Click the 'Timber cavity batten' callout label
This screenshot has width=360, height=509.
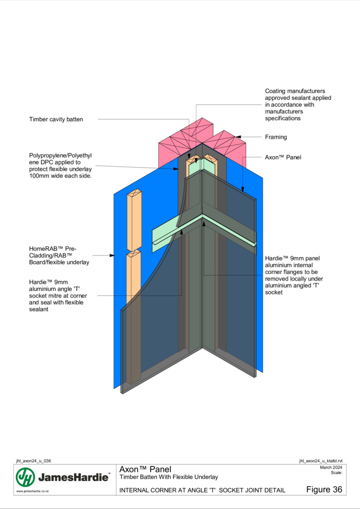click(56, 119)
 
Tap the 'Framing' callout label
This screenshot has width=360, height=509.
click(276, 137)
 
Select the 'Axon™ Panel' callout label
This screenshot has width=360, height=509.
click(283, 157)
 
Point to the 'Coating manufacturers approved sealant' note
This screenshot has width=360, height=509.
click(298, 104)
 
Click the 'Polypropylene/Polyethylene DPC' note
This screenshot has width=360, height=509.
click(60, 166)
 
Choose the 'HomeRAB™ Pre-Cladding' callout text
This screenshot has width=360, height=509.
click(59, 255)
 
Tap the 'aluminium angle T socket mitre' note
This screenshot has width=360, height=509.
click(58, 296)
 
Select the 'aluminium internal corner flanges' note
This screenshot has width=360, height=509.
click(294, 275)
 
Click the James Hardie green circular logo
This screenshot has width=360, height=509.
click(25, 477)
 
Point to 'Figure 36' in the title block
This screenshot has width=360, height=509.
click(324, 490)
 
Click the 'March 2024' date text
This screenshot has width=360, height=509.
click(331, 468)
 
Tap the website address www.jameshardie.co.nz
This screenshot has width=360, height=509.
click(32, 491)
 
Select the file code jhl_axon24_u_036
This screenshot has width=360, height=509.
click(33, 461)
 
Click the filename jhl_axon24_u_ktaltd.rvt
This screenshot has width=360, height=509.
click(321, 461)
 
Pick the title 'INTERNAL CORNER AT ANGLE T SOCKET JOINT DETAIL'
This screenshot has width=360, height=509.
click(202, 490)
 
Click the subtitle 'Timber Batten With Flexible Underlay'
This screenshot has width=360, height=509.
click(169, 477)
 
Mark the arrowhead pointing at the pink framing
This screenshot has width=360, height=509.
click(238, 137)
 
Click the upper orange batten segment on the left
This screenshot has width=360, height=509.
click(134, 221)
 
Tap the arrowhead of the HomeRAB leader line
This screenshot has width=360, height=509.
click(112, 255)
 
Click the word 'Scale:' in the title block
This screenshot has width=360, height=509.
click(337, 473)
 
